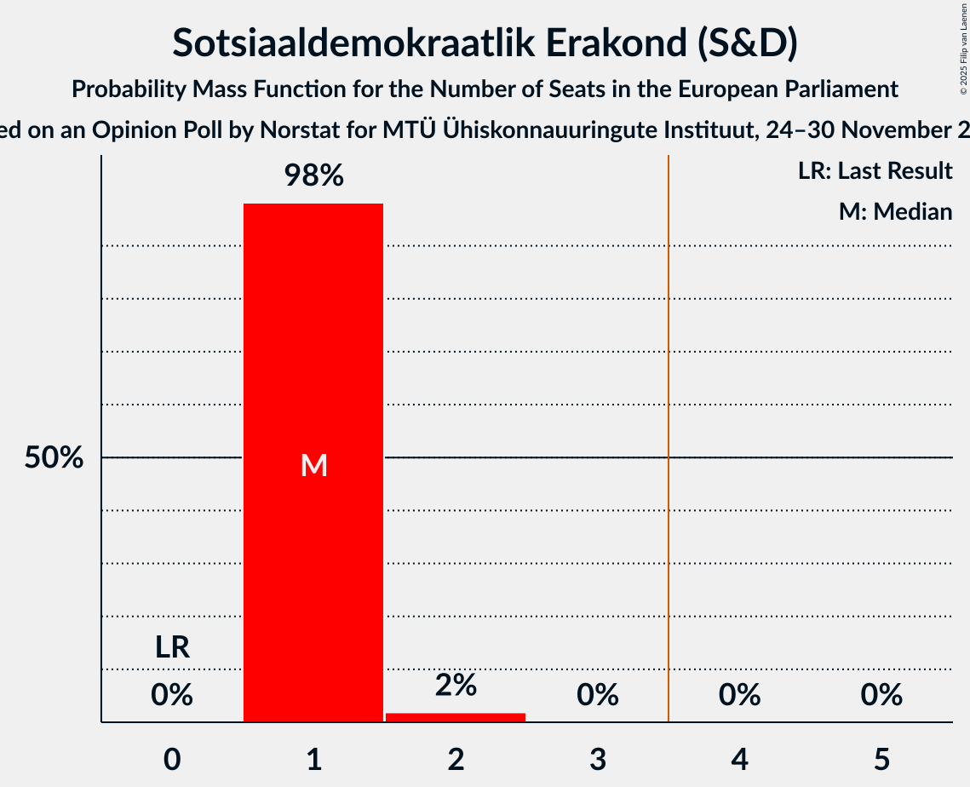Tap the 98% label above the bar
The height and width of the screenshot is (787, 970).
[313, 176]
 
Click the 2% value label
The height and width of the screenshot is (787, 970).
[456, 685]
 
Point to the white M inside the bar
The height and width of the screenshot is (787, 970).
[313, 465]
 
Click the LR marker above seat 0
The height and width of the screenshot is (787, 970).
[172, 647]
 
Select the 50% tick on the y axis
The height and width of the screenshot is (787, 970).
[54, 458]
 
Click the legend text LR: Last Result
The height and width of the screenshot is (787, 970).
[875, 171]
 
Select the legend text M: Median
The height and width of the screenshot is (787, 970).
[895, 211]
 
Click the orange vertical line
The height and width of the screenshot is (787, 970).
[669, 426]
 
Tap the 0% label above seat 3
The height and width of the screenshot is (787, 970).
[598, 695]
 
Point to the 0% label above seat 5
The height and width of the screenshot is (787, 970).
[881, 695]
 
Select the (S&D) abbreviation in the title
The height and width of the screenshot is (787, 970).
[747, 44]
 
